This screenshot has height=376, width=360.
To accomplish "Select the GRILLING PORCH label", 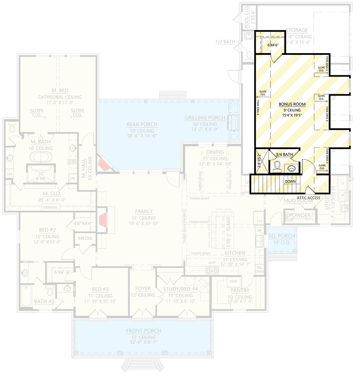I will [x=205, y=118].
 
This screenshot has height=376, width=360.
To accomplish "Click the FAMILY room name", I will [x=144, y=211].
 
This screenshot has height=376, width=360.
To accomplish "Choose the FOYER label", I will [x=143, y=289].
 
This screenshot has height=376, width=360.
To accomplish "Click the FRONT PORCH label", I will [x=143, y=331].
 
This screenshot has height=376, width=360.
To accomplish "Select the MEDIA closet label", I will [x=85, y=238].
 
